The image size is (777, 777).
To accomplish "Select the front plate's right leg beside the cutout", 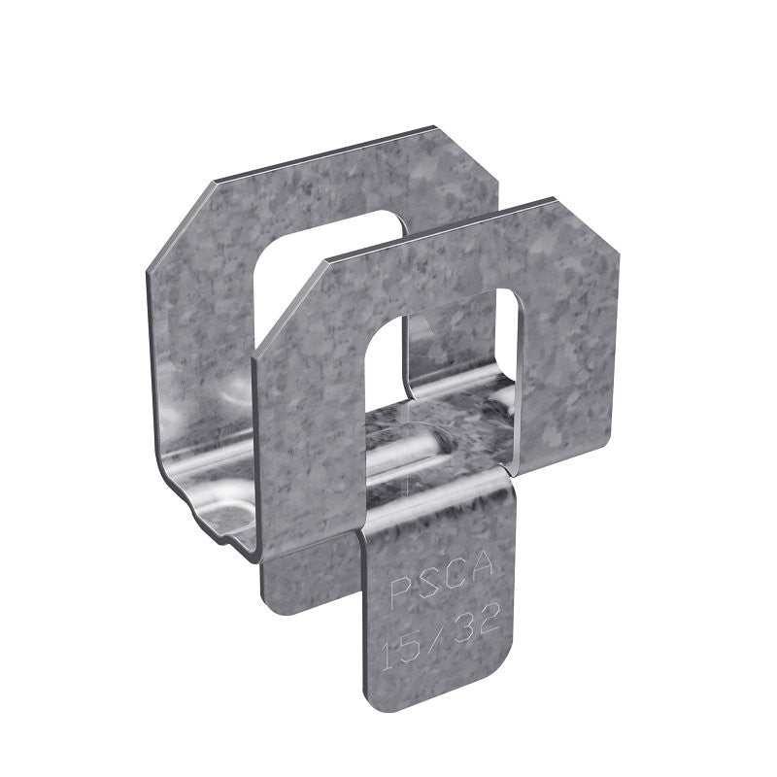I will (x=563, y=369).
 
